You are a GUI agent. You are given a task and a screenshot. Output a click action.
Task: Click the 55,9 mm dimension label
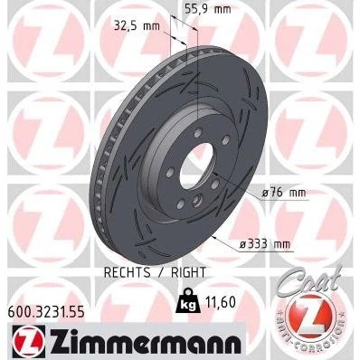click(x=207, y=9)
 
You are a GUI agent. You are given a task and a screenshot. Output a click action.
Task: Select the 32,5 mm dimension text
click(x=137, y=26)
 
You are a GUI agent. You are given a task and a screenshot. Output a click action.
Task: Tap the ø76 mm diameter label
click(x=284, y=193)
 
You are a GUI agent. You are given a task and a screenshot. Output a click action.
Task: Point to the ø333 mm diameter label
click(x=265, y=243)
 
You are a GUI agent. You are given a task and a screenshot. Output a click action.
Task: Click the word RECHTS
click(x=127, y=272)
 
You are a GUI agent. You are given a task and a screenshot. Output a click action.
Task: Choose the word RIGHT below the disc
click(x=188, y=272)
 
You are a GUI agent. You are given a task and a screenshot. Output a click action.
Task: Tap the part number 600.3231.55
click(x=46, y=313)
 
